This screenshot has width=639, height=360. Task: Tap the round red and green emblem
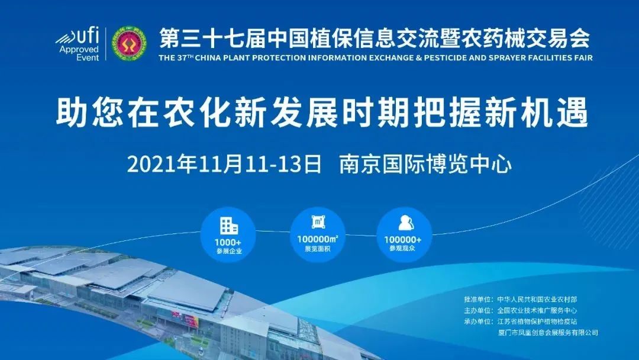[x=129, y=44]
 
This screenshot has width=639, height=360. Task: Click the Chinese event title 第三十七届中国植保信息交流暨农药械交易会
[x=375, y=38]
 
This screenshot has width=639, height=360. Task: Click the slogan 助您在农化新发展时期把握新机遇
[x=322, y=111]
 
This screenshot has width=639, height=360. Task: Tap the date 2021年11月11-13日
[x=224, y=164]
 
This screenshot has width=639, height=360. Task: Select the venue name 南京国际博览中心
[x=425, y=164]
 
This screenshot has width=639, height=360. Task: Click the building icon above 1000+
[x=228, y=226]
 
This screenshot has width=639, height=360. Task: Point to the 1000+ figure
[x=228, y=243]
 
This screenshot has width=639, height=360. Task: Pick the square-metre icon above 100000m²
[x=318, y=222]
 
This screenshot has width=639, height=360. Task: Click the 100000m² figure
[x=318, y=239]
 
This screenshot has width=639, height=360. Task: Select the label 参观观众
[x=402, y=248]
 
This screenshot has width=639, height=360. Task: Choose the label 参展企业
[x=229, y=251]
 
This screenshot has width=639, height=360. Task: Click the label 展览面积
[x=318, y=248]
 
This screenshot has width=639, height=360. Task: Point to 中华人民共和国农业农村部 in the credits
[x=537, y=300]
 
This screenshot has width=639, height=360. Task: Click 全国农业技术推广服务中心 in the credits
[x=537, y=311]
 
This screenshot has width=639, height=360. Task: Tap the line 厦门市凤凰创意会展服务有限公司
[x=548, y=333]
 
